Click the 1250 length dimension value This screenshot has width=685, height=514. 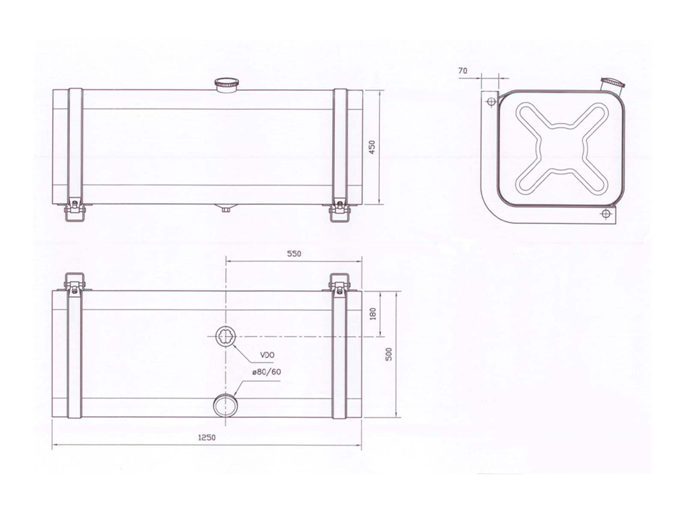(207, 437)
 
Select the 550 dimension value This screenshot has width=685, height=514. (294, 254)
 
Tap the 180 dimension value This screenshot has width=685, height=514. (373, 314)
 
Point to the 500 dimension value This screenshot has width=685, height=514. (389, 354)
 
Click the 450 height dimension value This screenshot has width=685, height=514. (372, 147)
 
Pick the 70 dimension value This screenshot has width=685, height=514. (463, 71)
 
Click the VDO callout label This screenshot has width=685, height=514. (267, 355)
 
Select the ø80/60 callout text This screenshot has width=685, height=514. (267, 372)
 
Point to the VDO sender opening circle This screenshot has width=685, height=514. (226, 336)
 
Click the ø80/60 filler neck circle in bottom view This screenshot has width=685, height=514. (225, 405)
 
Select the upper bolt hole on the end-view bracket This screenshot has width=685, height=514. (491, 102)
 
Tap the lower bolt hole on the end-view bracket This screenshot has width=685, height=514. (605, 214)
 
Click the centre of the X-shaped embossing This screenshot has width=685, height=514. (562, 148)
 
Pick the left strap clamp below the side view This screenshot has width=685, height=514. (75, 211)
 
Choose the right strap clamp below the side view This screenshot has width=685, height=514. (340, 211)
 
